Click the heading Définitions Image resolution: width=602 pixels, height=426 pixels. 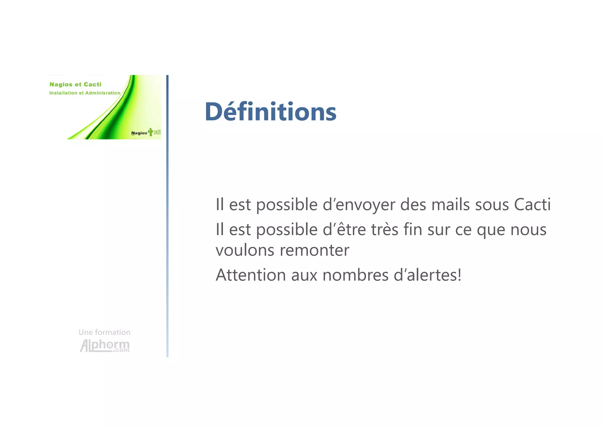[270, 112]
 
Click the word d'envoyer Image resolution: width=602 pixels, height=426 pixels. [359, 205]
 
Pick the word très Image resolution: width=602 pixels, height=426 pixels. [384, 229]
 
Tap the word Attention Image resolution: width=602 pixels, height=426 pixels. [251, 275]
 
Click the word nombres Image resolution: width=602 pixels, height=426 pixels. [355, 275]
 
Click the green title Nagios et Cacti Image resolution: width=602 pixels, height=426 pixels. [75, 84]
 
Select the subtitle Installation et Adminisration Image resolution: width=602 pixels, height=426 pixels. [85, 93]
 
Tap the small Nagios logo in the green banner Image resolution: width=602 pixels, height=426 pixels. [139, 133]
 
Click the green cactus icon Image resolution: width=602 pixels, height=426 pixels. [151, 132]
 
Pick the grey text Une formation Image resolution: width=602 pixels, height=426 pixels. [104, 332]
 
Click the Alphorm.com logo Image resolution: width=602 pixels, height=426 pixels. [105, 346]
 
